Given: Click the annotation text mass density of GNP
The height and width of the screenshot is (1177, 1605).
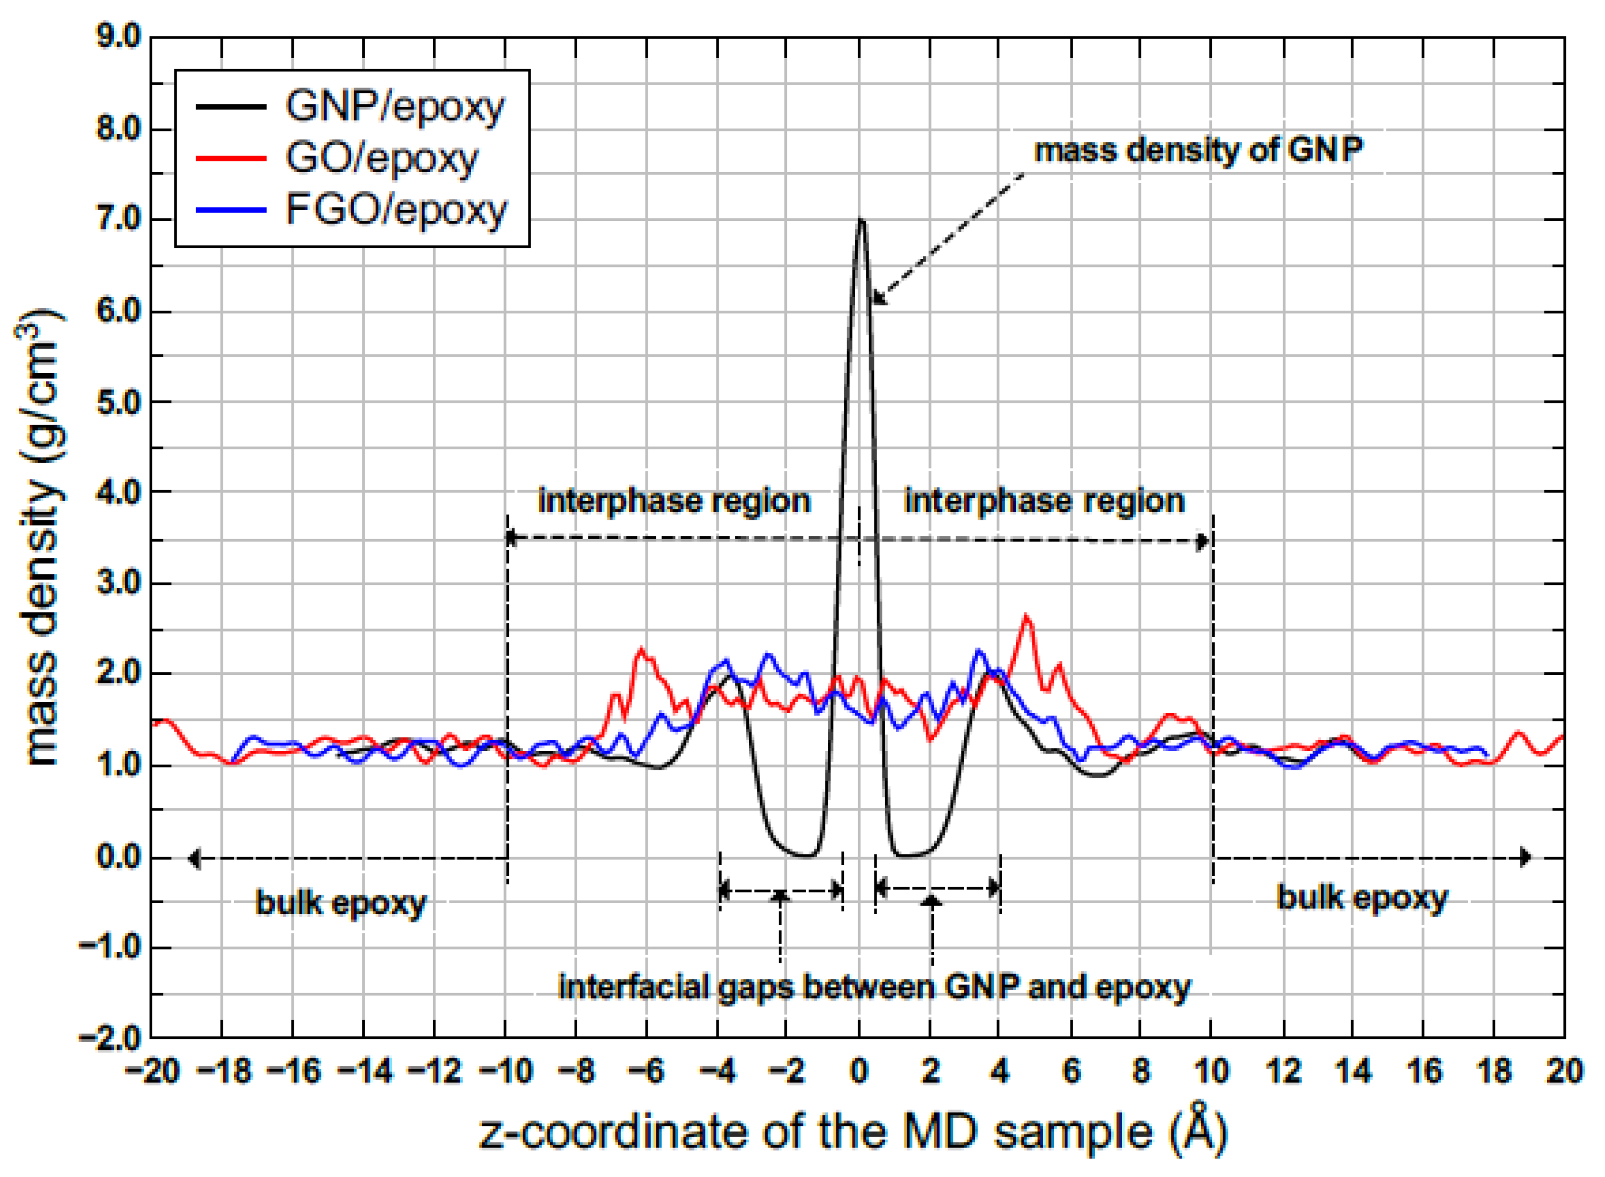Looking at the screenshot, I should coord(1198,151).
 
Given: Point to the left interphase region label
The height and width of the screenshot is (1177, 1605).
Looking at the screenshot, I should coord(674,501).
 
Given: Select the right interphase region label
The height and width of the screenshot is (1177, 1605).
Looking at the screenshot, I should coord(1044,501).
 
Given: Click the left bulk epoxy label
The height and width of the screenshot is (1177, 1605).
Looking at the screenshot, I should coord(340,903).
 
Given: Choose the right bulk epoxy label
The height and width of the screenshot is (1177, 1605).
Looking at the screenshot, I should coord(1362,898).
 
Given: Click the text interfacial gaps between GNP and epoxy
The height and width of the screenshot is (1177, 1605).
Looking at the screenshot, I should coord(875,987).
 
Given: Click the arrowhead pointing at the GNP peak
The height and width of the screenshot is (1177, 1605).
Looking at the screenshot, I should coord(878,299).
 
